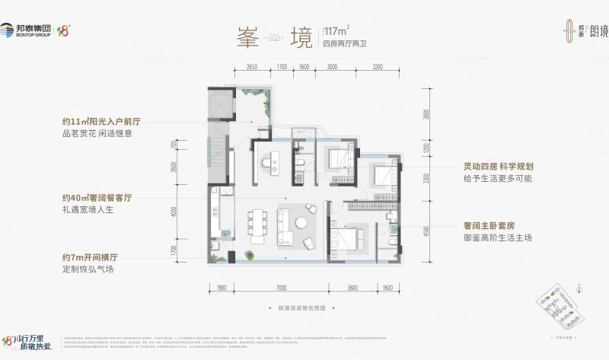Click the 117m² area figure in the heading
(336, 31)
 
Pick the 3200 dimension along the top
(378, 67)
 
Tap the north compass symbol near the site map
(579, 288)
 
